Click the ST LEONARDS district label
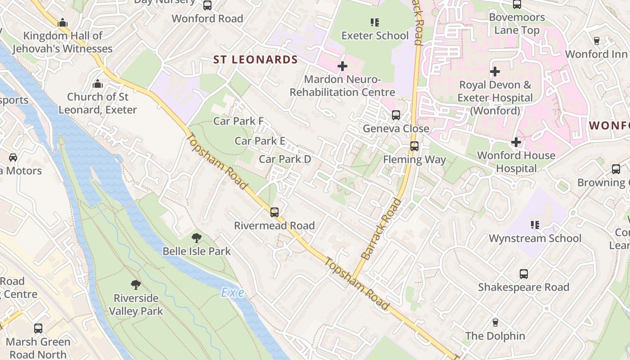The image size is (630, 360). [255, 60]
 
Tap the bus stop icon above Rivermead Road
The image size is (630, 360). [274, 212]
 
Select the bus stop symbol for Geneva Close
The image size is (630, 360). [396, 115]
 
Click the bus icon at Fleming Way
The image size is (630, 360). [414, 146]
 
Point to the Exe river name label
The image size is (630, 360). [233, 293]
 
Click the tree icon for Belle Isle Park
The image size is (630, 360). [196, 238]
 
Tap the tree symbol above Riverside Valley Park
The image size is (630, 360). [135, 284]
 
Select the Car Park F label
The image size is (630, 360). [238, 121]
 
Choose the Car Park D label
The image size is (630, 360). [285, 159]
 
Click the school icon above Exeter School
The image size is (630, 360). [374, 22]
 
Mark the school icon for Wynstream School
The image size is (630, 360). [535, 225]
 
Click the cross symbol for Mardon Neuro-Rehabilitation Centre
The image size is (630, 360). [342, 66]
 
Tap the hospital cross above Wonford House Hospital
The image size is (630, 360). [516, 142]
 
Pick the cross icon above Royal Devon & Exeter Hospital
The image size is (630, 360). [495, 72]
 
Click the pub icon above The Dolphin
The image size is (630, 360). [495, 322]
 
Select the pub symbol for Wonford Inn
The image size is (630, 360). [596, 40]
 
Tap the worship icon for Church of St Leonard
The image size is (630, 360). [97, 84]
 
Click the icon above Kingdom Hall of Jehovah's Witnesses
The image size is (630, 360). [62, 22]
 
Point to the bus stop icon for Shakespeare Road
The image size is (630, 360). [523, 274]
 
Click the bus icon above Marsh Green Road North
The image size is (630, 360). [38, 328]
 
